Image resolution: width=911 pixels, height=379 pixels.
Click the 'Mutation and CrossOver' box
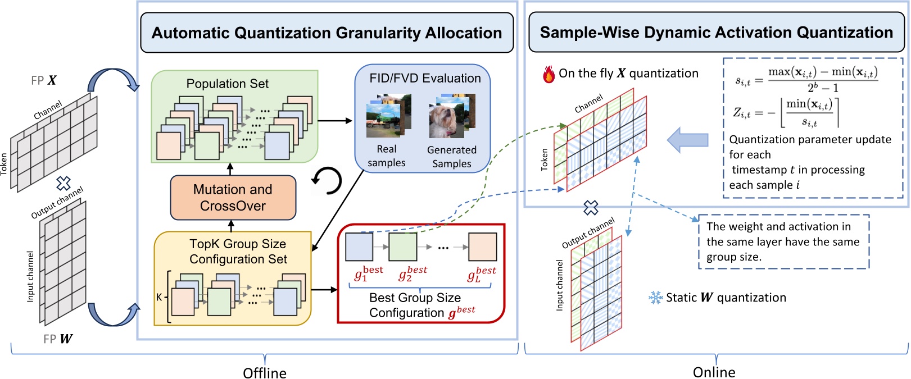coord(233,198)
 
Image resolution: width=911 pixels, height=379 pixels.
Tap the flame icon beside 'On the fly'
coord(549,74)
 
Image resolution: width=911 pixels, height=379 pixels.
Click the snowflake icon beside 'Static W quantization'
coord(655,298)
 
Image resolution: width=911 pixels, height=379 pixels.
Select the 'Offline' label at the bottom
coord(264,373)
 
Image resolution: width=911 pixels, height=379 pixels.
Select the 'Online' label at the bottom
coord(714,372)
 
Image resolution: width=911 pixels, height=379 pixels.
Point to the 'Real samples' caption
coord(386,156)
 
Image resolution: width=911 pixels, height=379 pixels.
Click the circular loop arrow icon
coord(327,180)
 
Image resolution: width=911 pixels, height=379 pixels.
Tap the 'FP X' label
coord(44,80)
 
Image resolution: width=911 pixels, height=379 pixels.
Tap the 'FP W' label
coord(58,339)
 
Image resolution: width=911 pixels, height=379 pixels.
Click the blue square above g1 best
coord(359,246)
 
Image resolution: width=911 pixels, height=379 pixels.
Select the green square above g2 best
coord(403,246)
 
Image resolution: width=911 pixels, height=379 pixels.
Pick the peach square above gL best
coord(482,246)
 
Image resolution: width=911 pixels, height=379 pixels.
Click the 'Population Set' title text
coord(227,84)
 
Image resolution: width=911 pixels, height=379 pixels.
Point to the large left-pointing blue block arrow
coord(687,140)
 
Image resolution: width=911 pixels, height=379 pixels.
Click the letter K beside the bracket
coord(159,297)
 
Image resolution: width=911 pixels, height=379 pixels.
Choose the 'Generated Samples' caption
coord(452,157)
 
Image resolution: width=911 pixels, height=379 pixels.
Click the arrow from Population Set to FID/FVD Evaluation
coord(335,121)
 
